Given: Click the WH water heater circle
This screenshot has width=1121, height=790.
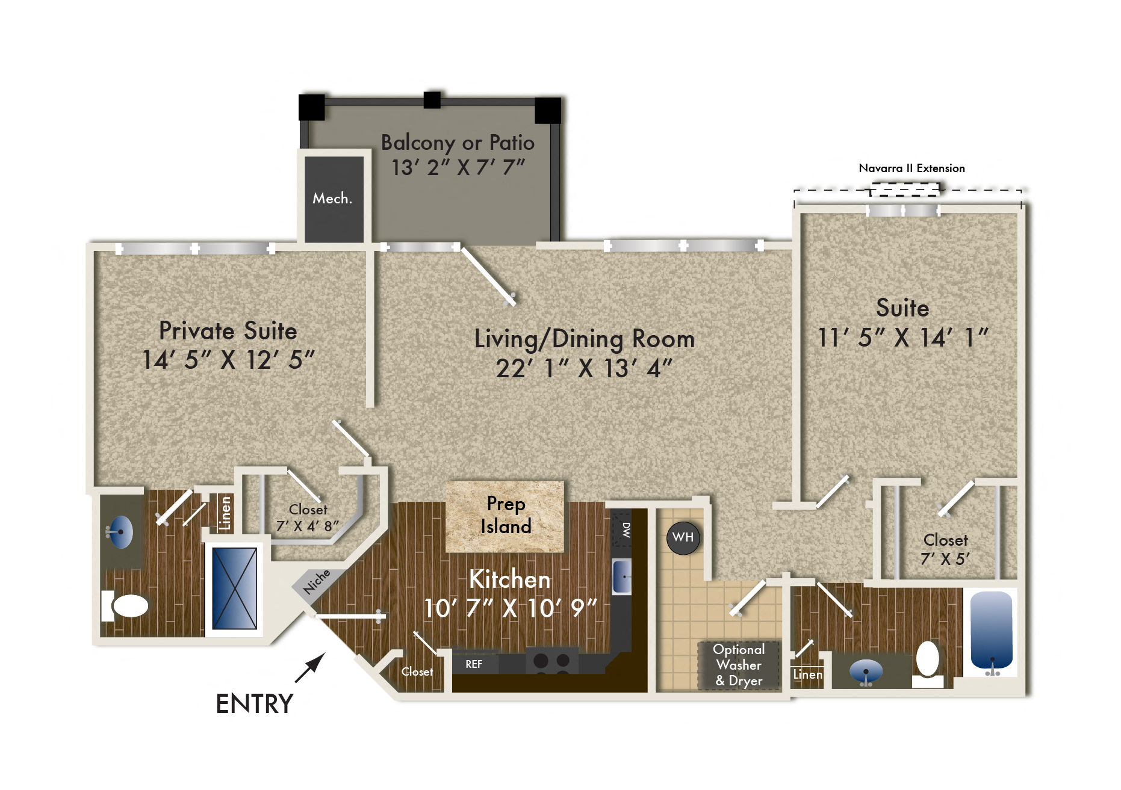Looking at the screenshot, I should (x=683, y=537).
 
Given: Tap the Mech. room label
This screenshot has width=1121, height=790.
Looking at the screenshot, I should (x=332, y=199).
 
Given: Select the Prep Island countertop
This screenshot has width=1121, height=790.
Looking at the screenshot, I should (x=505, y=516).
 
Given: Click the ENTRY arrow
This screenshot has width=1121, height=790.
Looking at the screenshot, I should (x=311, y=668).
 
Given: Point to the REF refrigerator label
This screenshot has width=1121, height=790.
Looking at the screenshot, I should (x=474, y=664).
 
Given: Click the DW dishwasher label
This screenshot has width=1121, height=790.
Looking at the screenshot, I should (x=626, y=529).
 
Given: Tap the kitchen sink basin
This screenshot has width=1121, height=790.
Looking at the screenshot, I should (x=622, y=576).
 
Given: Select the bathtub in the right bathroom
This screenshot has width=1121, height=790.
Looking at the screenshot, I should (x=991, y=629).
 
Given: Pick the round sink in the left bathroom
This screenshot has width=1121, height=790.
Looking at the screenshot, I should (x=121, y=532).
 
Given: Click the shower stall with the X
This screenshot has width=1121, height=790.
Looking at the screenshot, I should (x=234, y=588).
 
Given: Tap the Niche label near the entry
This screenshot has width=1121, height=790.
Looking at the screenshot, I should (x=317, y=582).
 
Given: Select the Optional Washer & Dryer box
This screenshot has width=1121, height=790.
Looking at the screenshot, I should (x=739, y=665).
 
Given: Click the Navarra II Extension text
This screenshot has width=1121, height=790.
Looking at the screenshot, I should (x=911, y=168).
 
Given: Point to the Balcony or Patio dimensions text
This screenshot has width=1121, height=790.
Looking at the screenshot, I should (x=458, y=167).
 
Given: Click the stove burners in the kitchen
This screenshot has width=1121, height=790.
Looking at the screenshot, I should (x=551, y=661).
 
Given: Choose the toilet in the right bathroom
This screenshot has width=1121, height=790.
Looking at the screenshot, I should (x=928, y=660).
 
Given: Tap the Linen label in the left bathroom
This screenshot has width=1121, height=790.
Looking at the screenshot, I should (x=225, y=513).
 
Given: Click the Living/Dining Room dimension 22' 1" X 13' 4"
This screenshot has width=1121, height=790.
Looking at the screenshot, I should (x=583, y=368).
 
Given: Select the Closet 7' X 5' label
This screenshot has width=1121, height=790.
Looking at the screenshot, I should (x=945, y=549).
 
